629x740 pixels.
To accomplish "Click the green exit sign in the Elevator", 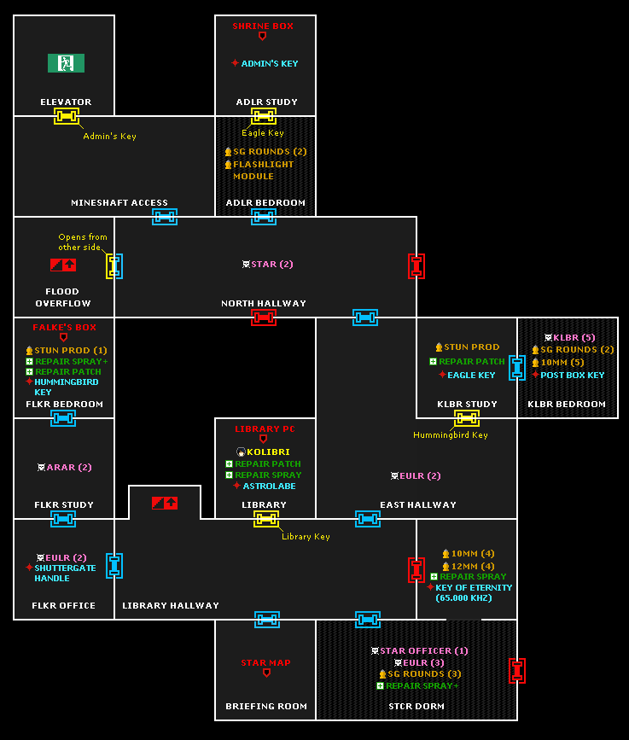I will (x=66, y=63).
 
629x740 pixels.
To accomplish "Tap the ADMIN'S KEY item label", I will (x=269, y=63).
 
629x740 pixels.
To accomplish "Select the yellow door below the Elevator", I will (x=67, y=116).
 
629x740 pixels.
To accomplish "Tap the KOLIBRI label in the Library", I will (x=268, y=452).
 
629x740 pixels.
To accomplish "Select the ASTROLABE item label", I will (x=269, y=486).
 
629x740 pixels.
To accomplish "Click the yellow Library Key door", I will (x=266, y=519).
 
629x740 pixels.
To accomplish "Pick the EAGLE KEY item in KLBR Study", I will (x=471, y=375).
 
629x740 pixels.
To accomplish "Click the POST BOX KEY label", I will (x=572, y=375).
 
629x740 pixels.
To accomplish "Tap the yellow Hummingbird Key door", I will (x=466, y=418).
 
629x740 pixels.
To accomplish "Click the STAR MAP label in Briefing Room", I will (x=265, y=662).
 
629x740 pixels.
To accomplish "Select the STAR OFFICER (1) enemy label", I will (x=423, y=651).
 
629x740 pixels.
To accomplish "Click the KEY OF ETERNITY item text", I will (x=474, y=588).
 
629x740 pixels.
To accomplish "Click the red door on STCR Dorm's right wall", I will (x=516, y=671).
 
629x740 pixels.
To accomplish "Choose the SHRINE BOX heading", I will (x=263, y=26).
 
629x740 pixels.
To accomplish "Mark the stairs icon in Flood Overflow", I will (x=63, y=265).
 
